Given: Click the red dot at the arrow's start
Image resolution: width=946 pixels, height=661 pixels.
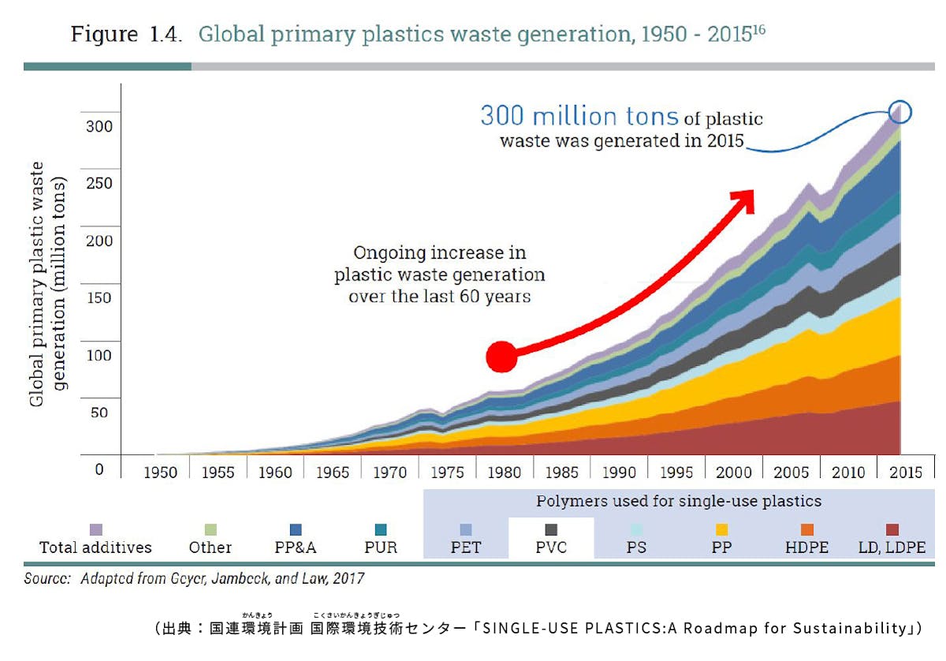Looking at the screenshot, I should point(501,357).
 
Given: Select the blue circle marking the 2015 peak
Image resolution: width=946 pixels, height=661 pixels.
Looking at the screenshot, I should point(899,114).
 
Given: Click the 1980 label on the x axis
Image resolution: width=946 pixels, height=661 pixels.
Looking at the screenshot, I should point(505,472).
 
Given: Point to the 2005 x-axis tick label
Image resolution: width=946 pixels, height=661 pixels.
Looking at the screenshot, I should point(791,472).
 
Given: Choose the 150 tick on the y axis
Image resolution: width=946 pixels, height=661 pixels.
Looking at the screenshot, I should point(99,297).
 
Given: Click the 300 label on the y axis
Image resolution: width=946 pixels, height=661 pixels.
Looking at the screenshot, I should point(99,125).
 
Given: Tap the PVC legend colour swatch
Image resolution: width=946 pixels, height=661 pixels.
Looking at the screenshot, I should point(551,530).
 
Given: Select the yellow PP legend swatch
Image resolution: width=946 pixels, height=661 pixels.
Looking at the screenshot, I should point(721,530).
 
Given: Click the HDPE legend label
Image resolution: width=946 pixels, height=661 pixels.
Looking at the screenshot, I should point(806,547).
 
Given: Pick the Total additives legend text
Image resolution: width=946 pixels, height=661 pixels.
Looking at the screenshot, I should point(95,547).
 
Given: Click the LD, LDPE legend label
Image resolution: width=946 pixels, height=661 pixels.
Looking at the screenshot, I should point(892,547).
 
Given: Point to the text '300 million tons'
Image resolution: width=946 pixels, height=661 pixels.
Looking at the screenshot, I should point(579,116).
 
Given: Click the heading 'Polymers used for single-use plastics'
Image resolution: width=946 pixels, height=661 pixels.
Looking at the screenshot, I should point(679,502).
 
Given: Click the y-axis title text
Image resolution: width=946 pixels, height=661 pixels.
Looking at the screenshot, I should point(48,285).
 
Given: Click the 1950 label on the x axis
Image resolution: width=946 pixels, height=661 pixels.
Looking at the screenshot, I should point(162,472).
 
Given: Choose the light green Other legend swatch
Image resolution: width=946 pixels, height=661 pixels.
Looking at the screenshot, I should point(210,530).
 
